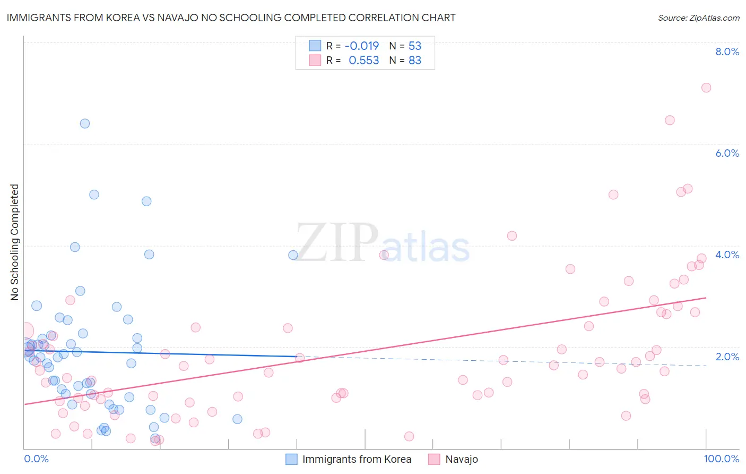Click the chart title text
pos(231,18)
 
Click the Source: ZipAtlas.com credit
pos(698,18)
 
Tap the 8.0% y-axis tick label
pos(727,52)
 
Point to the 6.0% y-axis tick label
pos(727,153)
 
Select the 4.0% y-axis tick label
pos(727,255)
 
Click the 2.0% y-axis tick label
pos(727,357)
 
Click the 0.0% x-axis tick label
pos(36,459)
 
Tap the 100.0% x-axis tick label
pos(721,459)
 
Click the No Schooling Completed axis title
pos(14,242)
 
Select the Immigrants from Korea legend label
pos(357,459)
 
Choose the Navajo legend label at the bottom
pos(462,459)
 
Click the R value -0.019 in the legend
pos(362,46)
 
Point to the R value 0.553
pos(364,61)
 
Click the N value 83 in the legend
pos(415,61)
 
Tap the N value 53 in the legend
pos(415,46)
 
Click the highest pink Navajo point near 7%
pos(706,88)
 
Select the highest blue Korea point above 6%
pos(85,123)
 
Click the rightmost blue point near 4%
pos(293,255)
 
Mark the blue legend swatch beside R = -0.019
pos(315,46)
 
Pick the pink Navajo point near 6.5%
pos(670,120)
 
